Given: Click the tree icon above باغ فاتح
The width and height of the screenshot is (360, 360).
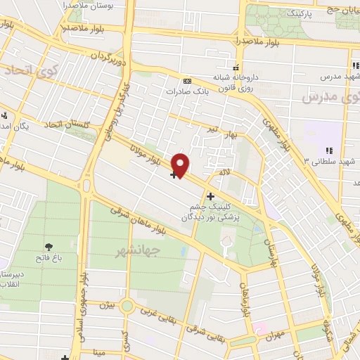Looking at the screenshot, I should (49, 246).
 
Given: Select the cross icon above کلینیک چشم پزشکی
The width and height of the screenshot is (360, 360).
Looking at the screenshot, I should (210, 196).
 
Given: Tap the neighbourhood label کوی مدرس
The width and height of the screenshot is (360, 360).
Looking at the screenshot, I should (325, 96).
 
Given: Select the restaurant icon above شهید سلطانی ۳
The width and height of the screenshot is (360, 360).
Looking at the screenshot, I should (328, 150).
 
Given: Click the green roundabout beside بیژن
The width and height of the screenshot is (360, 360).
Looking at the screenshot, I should (127, 305).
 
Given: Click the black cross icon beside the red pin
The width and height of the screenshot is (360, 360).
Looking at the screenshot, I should (174, 174).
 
